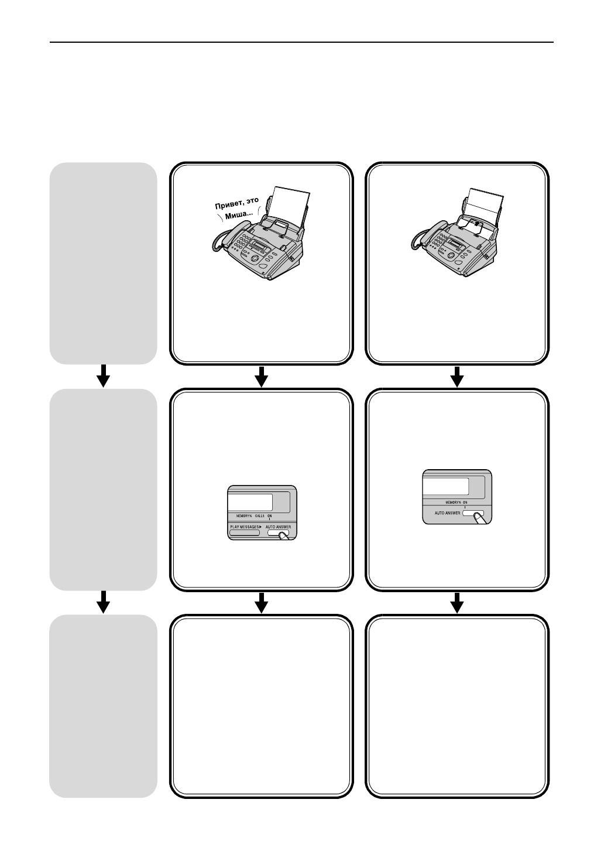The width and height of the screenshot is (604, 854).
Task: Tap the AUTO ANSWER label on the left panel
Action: [278, 527]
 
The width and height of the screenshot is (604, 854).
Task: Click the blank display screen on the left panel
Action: [250, 502]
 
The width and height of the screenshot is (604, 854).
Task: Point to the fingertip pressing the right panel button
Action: [478, 517]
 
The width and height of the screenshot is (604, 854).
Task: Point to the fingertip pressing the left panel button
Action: [284, 535]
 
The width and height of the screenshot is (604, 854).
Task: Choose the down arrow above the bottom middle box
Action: [262, 602]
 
